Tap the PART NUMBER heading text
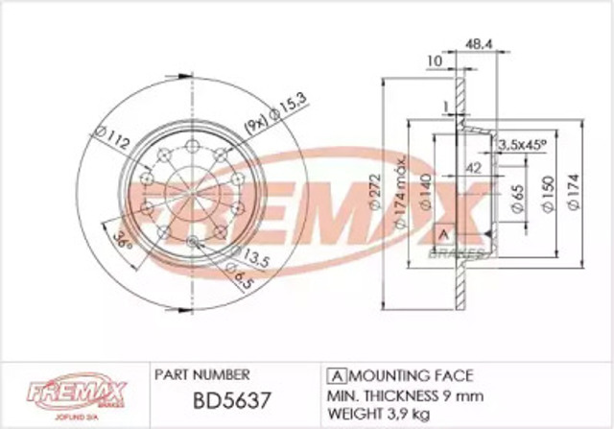tap(201, 374)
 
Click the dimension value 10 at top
tap(433, 62)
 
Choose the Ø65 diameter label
tap(515, 201)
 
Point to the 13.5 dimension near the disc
tap(253, 256)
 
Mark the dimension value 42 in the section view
tap(471, 166)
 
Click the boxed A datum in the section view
tap(443, 234)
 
